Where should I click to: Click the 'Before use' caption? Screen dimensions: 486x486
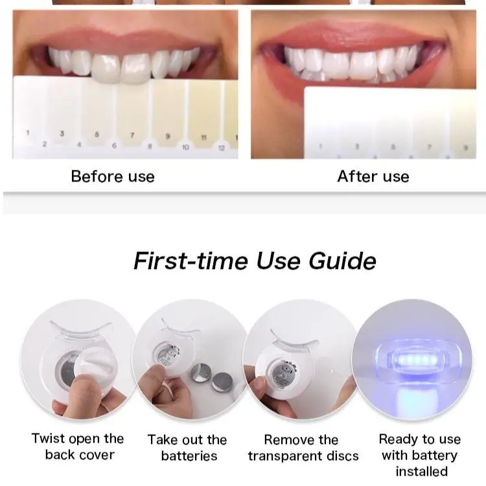[113, 176]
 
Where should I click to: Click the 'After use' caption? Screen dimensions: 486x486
[373, 176]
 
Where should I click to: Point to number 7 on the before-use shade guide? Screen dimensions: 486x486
[132, 135]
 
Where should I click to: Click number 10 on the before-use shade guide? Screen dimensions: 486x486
[185, 147]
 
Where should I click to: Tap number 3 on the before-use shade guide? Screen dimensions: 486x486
[62, 133]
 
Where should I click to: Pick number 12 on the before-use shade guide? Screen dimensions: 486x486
[222, 148]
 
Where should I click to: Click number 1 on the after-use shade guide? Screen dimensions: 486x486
[321, 146]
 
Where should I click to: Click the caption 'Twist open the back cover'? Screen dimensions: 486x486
[78, 446]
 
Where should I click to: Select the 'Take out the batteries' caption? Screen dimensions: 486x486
[187, 448]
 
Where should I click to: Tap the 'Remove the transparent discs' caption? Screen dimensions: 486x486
[303, 448]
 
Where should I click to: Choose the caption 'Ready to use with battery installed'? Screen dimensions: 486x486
[420, 456]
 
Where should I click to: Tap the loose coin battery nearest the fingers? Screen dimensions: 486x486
[201, 373]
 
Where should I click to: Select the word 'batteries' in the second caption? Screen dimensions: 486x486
[189, 456]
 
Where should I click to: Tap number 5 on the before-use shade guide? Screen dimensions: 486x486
[97, 135]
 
